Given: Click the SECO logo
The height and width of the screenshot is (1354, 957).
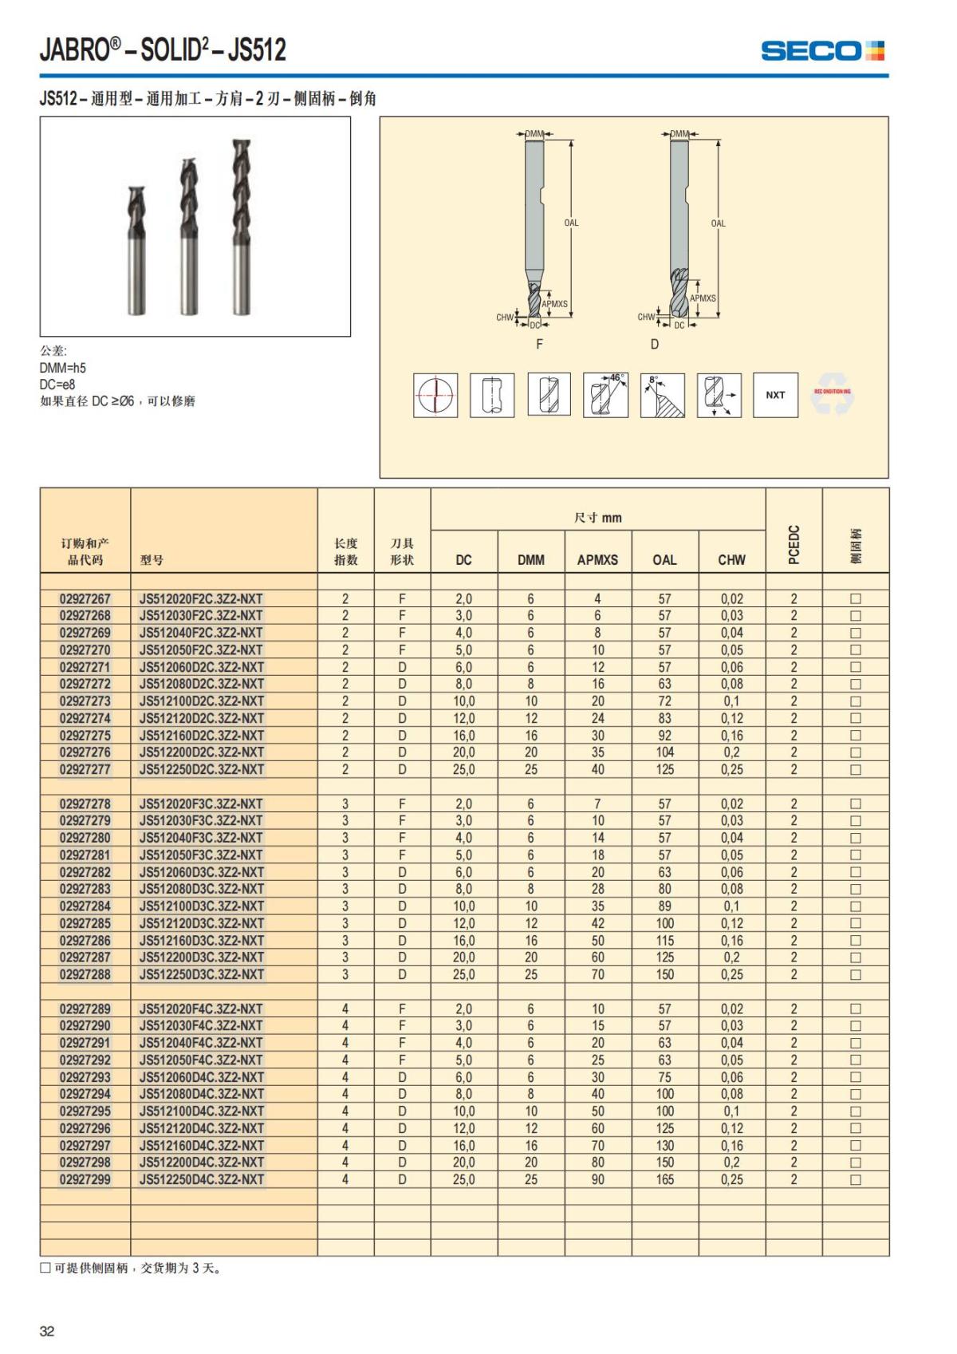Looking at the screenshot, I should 822,51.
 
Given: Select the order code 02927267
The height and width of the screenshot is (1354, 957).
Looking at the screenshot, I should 85,598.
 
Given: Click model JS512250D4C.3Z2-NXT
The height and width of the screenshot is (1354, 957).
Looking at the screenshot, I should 201,1179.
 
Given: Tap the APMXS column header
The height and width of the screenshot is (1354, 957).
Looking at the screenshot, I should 597,559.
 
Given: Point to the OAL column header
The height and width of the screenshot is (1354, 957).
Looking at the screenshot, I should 664,559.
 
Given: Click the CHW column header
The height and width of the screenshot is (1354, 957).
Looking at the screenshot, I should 731,559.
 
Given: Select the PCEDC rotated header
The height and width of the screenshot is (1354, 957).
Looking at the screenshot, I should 794,544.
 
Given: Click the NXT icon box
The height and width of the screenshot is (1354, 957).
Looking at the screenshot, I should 775,395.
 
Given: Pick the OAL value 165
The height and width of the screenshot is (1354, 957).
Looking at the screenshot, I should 664,1179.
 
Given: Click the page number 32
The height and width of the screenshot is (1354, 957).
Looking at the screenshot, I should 47,1331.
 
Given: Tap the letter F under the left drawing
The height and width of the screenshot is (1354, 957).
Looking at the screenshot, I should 539,344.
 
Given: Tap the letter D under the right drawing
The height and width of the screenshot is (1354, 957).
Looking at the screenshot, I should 655,344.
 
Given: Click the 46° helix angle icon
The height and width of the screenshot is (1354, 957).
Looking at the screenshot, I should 605,395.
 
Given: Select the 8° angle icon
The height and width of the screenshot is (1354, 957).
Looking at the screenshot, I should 662,395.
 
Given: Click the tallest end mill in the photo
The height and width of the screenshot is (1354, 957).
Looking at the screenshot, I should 241,227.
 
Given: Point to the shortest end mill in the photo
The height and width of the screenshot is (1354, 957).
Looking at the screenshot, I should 137,249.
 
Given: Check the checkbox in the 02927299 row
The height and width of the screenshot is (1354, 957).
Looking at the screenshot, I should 856,1179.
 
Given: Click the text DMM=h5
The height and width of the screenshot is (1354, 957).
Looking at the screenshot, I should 63,368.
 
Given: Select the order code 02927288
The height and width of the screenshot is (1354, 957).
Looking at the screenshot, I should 85,974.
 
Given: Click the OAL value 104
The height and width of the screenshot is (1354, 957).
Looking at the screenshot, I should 664,752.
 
